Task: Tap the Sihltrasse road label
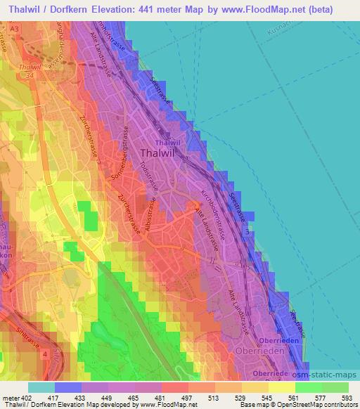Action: (25, 346)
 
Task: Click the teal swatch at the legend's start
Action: (41, 387)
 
